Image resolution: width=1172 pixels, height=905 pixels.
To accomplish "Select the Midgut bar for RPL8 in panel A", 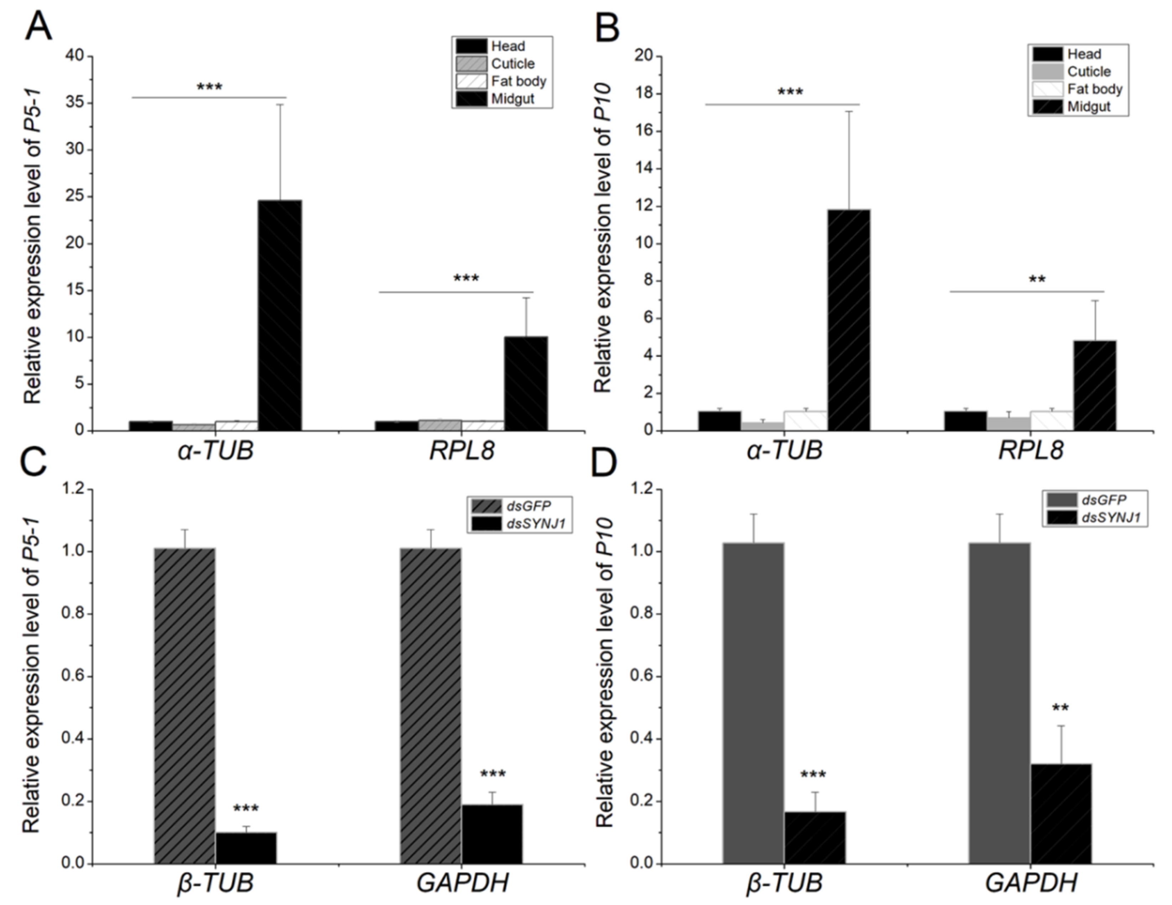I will coord(526,383).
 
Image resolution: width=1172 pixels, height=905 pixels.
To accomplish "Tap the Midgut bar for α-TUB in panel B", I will coord(849,320).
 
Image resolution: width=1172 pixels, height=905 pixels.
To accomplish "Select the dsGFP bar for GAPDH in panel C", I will coord(430,705).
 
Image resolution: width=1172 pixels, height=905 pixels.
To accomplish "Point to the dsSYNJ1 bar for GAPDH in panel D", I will coord(1060,813).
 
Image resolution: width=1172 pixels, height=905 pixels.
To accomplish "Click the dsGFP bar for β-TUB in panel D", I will coord(753,703).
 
